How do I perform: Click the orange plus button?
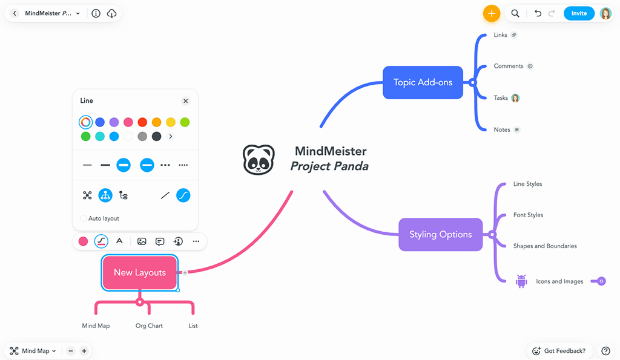coord(491,13)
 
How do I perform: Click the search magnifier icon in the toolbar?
coord(515,13)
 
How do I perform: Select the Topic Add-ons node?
coord(423,82)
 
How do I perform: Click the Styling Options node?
coord(440,234)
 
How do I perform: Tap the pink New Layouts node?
coord(140,272)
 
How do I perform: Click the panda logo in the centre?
coord(259,160)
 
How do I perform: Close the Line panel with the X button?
coord(186,101)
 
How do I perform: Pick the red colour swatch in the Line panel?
coord(142,122)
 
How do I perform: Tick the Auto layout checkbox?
coord(84,218)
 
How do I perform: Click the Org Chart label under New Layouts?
coord(149,326)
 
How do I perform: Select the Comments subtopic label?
coord(509,66)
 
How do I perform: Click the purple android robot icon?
coord(521,281)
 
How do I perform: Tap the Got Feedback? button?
coord(558,351)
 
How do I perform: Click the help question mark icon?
coord(605,351)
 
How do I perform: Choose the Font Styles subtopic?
coord(528,215)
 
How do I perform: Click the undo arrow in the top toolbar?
coord(538,13)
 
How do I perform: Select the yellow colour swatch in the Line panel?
coord(171,122)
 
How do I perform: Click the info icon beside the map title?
coord(96,13)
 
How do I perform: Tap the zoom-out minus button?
coord(71,351)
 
